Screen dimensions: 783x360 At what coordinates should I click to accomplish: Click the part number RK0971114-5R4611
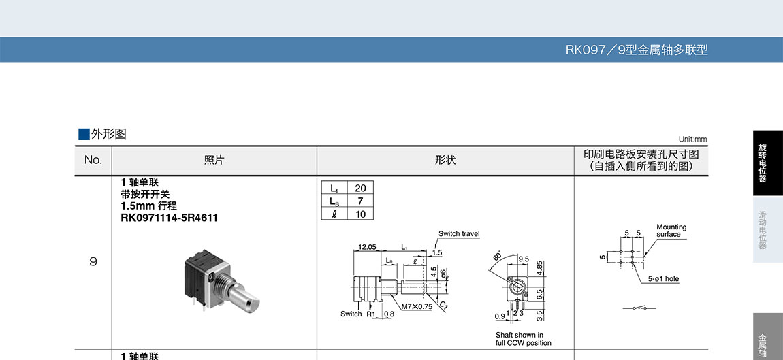click(x=170, y=218)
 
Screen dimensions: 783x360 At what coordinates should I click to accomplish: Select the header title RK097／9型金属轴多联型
click(x=637, y=50)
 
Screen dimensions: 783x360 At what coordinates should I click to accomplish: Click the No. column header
click(x=93, y=161)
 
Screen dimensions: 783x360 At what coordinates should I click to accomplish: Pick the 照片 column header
click(x=214, y=161)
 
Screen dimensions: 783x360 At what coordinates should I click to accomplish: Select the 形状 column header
click(x=445, y=161)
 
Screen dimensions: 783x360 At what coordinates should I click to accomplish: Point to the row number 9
click(x=93, y=261)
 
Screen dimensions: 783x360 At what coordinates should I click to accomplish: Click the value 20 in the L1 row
click(x=360, y=189)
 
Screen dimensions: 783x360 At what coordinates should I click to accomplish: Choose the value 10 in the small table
click(x=360, y=214)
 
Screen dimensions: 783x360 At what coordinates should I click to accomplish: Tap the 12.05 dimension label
click(x=367, y=247)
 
